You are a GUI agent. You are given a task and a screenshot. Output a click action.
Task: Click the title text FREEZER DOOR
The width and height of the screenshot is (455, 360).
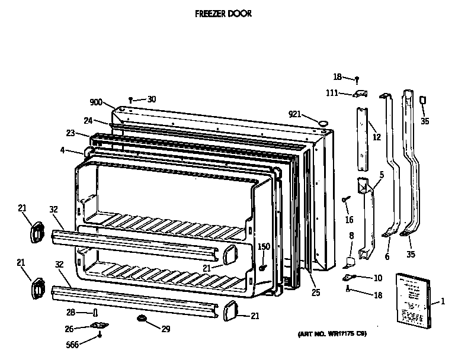223,13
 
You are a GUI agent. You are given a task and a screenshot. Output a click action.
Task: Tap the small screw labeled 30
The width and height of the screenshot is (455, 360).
130,100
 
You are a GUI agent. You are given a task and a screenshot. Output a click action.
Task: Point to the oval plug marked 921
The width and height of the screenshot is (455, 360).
324,122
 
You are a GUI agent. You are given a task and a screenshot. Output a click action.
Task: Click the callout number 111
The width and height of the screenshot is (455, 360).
333,92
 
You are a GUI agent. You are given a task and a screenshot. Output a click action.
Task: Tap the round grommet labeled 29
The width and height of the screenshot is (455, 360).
142,319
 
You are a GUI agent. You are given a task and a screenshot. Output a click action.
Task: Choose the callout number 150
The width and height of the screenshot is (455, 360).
264,246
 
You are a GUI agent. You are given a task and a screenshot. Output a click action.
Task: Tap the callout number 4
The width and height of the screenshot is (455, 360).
62,150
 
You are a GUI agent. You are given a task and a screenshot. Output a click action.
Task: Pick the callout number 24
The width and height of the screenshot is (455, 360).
88,120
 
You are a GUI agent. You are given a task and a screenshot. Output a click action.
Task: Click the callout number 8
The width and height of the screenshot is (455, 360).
351,236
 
